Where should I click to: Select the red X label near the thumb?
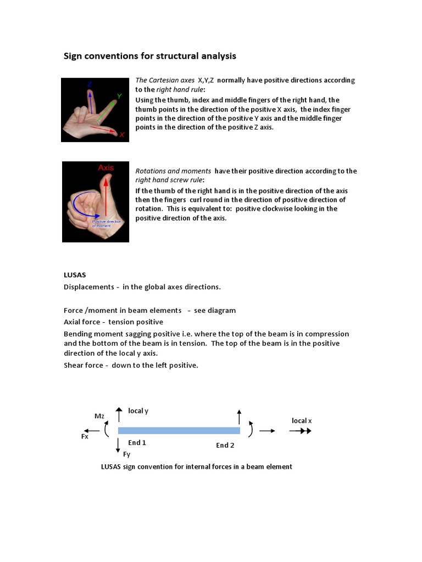click(x=122, y=134)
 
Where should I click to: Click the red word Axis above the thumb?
click(x=105, y=168)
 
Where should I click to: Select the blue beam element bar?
click(x=179, y=430)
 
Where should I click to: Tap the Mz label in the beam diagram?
click(x=99, y=416)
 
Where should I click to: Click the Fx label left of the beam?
click(x=85, y=437)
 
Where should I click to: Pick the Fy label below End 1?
click(x=126, y=454)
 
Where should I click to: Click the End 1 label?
click(x=137, y=442)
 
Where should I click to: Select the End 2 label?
click(x=225, y=445)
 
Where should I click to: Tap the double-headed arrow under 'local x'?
click(x=301, y=431)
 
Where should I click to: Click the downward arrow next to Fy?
click(x=118, y=445)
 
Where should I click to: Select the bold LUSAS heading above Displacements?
click(x=75, y=274)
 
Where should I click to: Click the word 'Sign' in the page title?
click(x=73, y=56)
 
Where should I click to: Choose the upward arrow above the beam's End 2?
click(x=239, y=417)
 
